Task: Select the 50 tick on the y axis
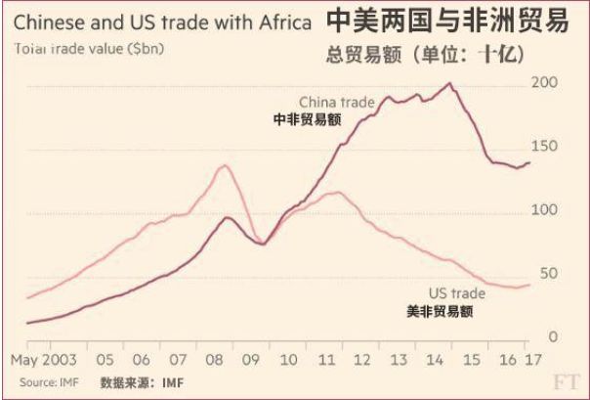547,273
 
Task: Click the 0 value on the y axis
552,336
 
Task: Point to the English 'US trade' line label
457,293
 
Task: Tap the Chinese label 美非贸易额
440,312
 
